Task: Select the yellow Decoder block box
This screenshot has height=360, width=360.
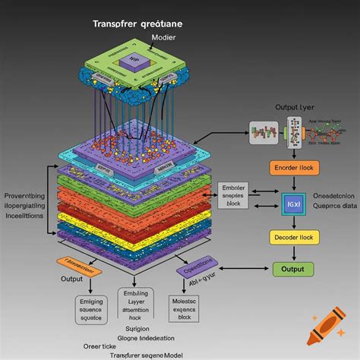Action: tap(292, 238)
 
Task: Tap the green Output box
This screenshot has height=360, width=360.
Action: tap(292, 269)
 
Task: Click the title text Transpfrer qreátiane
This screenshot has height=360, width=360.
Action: tap(142, 24)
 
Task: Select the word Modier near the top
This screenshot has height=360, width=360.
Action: tap(163, 37)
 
